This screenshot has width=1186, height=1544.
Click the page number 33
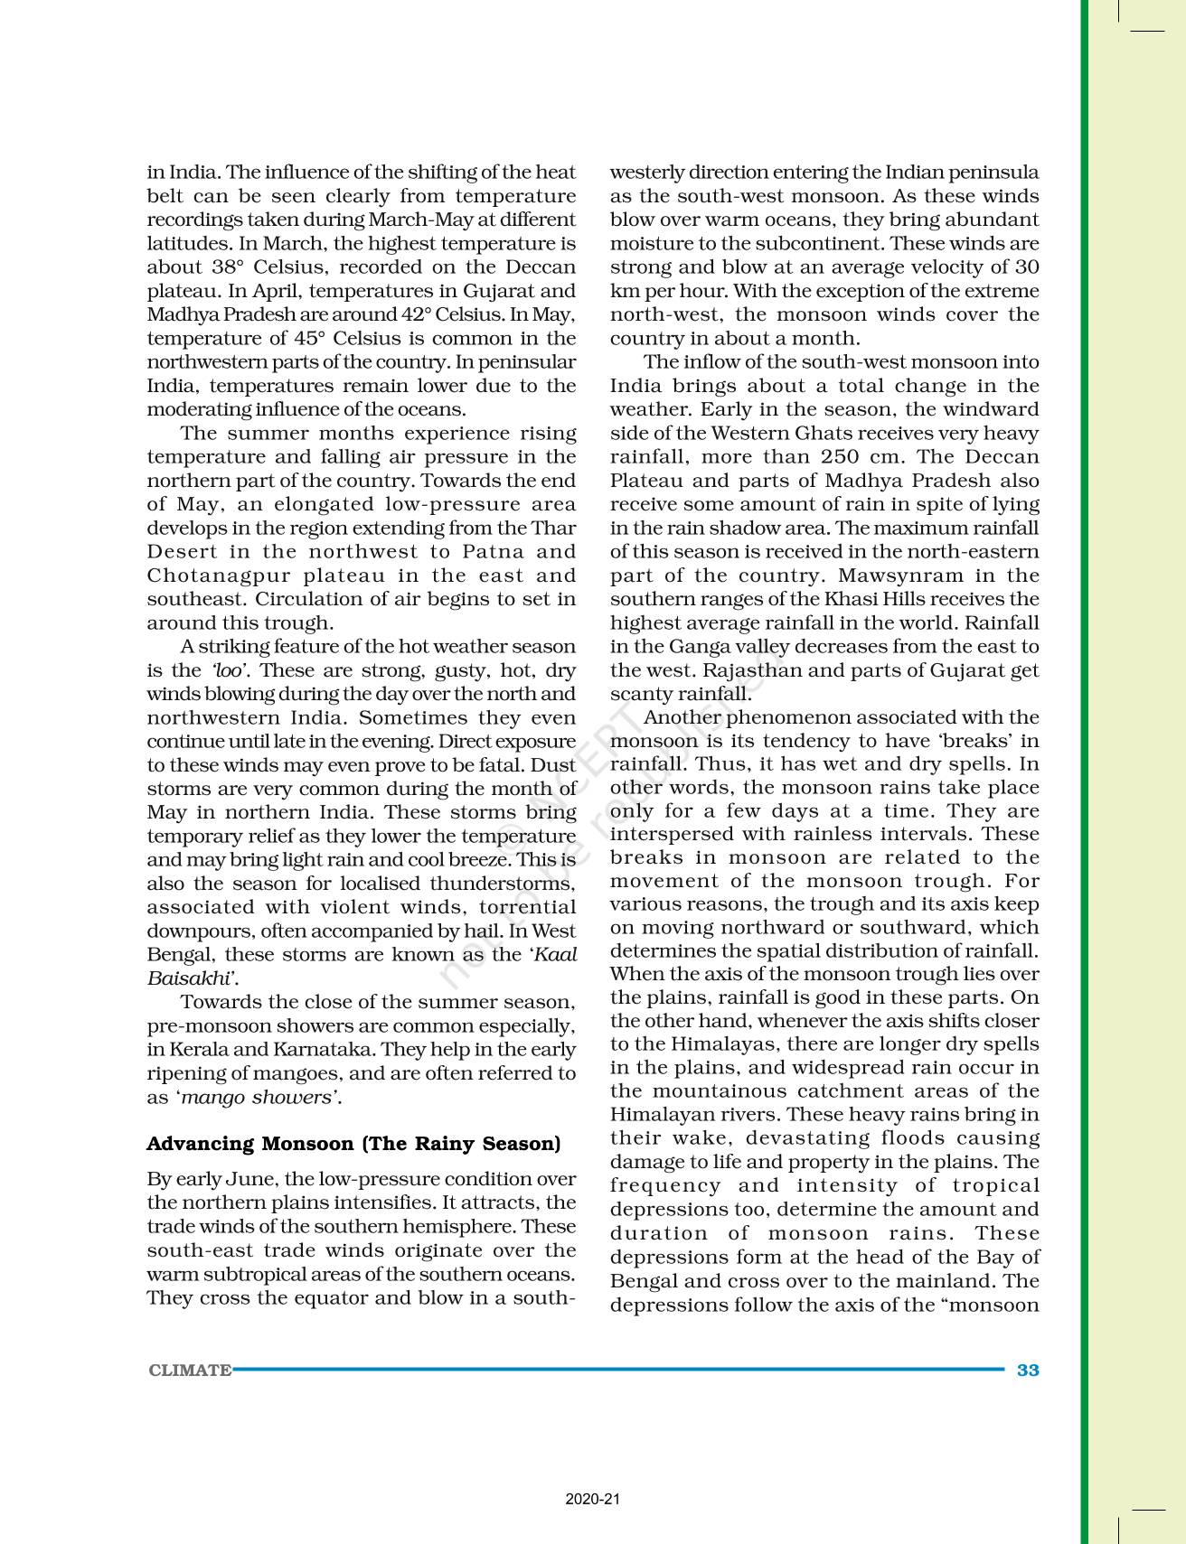pyautogui.click(x=1028, y=1370)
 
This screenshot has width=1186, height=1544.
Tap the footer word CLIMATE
pyautogui.click(x=190, y=1371)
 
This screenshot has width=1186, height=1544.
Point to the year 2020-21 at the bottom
pyautogui.click(x=593, y=1500)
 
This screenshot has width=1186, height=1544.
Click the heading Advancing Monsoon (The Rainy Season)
pyautogui.click(x=353, y=1144)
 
